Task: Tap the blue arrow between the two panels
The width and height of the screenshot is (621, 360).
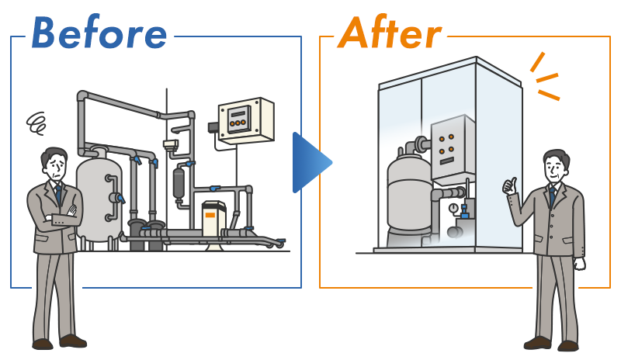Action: tap(310, 162)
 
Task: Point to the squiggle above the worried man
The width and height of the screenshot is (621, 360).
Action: tap(36, 122)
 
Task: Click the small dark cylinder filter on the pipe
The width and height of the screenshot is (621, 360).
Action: tap(179, 184)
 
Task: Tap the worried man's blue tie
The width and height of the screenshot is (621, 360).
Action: tap(57, 194)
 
